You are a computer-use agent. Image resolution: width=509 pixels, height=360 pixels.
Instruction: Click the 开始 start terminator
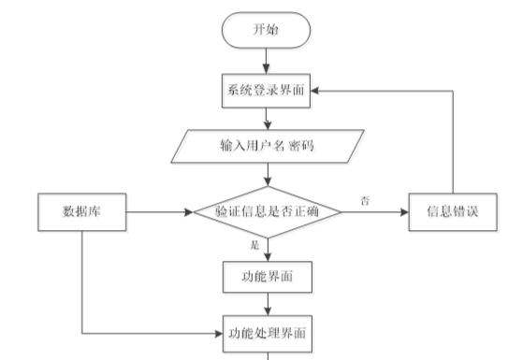[267, 30]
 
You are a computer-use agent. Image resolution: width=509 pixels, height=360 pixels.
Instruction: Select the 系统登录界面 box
[267, 90]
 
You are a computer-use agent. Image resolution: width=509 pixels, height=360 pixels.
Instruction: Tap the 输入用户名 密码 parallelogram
[267, 148]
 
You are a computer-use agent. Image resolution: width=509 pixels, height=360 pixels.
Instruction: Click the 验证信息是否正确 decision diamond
[268, 212]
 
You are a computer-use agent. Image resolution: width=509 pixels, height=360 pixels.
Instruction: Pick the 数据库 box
[81, 212]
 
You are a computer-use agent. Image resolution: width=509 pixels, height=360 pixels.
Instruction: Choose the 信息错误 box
[453, 212]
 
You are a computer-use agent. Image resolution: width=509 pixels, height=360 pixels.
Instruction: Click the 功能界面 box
[267, 277]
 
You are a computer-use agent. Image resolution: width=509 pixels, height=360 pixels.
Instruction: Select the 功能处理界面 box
[267, 332]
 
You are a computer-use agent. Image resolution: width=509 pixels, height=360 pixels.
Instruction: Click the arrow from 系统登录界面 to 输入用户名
[267, 118]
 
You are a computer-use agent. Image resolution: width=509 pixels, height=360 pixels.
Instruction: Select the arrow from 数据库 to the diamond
[159, 212]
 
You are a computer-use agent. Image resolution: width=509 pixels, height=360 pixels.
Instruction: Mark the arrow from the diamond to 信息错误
[374, 212]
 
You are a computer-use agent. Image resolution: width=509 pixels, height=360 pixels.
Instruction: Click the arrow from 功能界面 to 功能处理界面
[267, 304]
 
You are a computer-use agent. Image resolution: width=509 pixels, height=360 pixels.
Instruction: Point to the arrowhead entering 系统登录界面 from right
[319, 90]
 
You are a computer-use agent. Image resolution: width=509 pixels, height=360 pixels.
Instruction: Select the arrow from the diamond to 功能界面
[267, 249]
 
